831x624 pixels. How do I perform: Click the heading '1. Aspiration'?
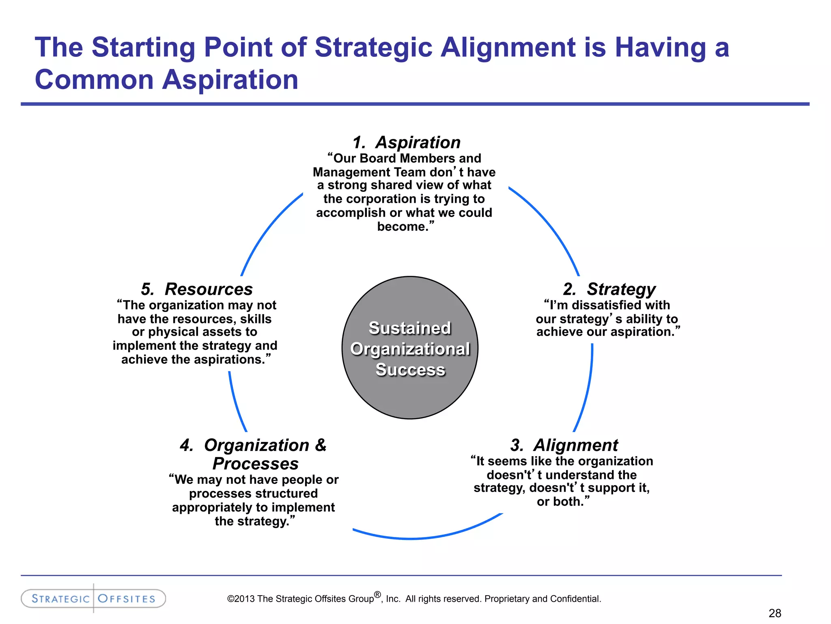coord(407,143)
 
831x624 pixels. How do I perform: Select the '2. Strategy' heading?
coord(609,289)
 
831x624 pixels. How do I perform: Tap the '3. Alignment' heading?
coord(564,445)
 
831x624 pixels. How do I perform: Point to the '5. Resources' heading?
coord(197,289)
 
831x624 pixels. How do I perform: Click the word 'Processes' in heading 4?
coord(256,464)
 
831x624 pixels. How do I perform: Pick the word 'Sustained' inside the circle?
coord(410,328)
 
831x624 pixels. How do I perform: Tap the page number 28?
coord(775,613)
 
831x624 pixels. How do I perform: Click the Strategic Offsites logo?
coord(93,598)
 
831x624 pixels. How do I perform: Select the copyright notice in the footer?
coord(414,599)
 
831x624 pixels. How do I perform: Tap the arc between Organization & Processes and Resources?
coord(236,402)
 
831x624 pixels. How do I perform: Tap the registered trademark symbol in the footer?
coord(377,595)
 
